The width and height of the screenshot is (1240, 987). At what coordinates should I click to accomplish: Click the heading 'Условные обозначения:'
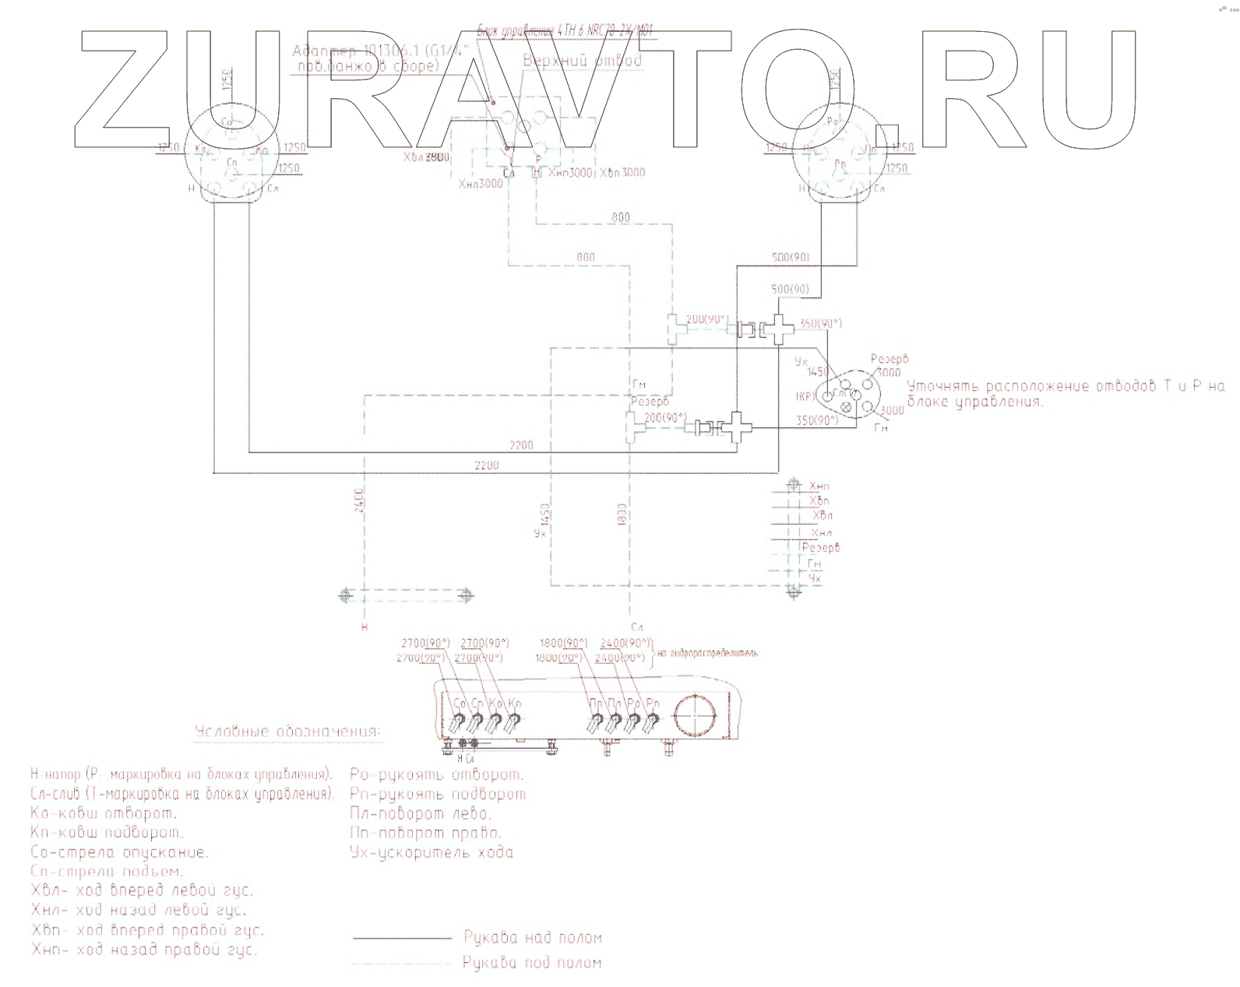287,732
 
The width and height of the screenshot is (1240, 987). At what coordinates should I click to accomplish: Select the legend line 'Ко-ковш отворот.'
104,813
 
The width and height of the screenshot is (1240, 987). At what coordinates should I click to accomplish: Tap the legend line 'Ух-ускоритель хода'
432,852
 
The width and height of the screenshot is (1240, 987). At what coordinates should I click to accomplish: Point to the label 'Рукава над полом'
533,938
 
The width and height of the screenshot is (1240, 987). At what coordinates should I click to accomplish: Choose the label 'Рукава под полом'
532,964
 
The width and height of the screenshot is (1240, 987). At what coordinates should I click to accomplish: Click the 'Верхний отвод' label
583,61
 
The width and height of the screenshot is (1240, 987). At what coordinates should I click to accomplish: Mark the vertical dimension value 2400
359,502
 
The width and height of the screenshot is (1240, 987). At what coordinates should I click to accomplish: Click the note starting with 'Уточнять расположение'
1066,394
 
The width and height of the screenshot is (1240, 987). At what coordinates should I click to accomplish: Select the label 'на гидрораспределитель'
707,653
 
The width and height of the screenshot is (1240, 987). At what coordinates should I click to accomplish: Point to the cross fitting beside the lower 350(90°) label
736,427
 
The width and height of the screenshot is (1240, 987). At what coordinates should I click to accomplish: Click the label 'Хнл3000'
481,184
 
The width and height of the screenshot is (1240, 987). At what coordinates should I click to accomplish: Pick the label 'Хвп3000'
622,172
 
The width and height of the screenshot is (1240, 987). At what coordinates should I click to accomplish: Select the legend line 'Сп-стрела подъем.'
107,872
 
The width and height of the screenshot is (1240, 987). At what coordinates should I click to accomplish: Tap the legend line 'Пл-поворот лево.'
421,814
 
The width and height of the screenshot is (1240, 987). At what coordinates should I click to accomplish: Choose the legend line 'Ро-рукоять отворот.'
436,775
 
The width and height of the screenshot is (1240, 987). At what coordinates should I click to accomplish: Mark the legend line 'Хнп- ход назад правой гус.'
144,950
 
